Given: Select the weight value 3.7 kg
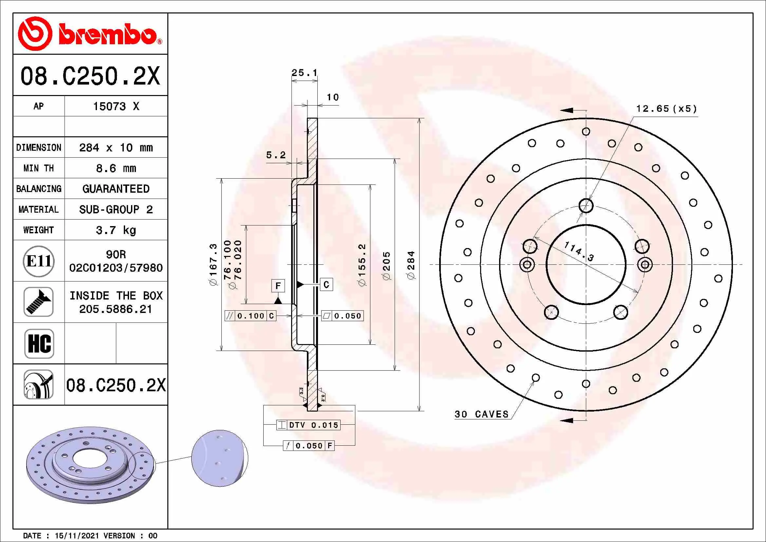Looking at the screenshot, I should point(116,230).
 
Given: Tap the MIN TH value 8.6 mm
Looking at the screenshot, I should point(116,168).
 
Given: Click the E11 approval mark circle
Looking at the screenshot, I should point(39,261).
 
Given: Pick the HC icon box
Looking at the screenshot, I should point(39,343).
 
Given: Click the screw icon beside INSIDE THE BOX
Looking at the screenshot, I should point(39,302).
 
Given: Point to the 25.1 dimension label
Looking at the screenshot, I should point(304,73).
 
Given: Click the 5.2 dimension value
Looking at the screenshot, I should point(276,155).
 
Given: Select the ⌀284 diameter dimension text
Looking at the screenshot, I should point(411,265).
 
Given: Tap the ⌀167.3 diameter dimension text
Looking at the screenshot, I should point(213,265).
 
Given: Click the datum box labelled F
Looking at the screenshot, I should point(278,286).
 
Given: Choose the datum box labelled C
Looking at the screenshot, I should point(326,284).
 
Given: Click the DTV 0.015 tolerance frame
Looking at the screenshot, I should point(308,425).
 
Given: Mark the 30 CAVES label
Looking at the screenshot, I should point(481,414).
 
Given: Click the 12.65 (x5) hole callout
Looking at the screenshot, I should point(666,109).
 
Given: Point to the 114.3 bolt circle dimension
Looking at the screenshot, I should point(579,251).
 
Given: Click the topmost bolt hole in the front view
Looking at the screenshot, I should point(586,205).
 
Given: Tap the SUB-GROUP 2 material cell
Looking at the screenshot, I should point(116,210).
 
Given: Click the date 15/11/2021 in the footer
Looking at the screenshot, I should point(77,536).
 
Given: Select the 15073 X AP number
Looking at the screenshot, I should point(116,106).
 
